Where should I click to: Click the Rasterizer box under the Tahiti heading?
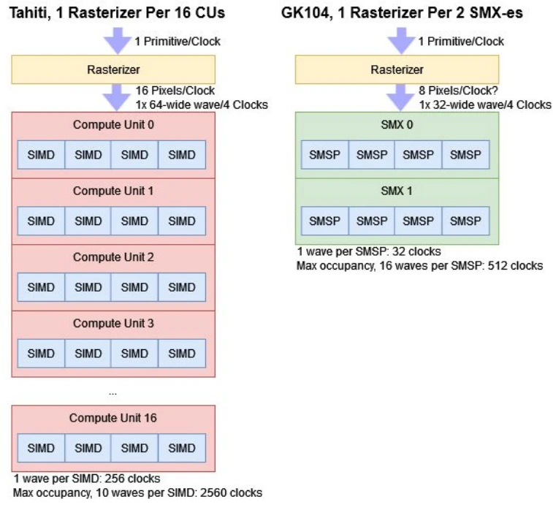113,69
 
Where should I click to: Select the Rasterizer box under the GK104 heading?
397,69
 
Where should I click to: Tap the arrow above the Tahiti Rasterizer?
116,40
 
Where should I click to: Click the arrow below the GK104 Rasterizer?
400,98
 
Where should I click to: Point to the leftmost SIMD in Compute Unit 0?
41,155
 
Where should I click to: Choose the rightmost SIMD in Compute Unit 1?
182,221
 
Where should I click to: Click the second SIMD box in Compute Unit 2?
88,287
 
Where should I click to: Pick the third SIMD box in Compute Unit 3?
134,354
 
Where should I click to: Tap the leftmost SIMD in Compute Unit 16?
41,449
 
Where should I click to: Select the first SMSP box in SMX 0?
324,155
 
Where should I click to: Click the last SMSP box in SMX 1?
465,221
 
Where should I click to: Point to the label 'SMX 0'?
396,125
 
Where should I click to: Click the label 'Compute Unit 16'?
113,418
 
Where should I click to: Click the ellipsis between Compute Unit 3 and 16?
112,392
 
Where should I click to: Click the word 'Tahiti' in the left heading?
29,13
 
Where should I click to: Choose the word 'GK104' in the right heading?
302,13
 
